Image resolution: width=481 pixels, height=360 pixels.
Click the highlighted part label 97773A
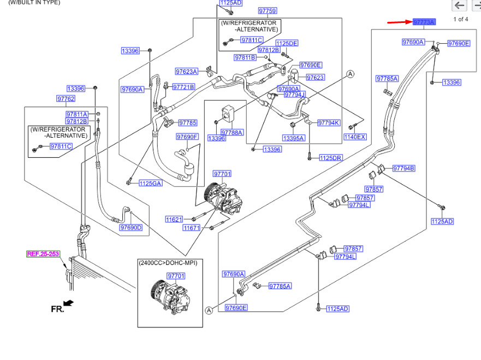[424, 22]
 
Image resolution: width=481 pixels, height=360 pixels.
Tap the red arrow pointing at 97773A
[400, 22]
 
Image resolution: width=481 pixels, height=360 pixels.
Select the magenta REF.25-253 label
[43, 254]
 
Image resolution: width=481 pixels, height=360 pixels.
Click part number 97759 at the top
[268, 11]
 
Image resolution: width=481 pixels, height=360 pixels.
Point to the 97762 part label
[66, 98]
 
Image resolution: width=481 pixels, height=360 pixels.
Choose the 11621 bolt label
[174, 220]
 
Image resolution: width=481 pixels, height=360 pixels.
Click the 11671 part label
[192, 228]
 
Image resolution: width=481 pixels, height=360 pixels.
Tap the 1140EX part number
[355, 137]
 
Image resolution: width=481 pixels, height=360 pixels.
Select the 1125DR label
[331, 158]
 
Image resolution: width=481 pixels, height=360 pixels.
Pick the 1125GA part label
[150, 183]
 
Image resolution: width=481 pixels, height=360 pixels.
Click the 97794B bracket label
[403, 168]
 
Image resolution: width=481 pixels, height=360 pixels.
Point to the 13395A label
[294, 138]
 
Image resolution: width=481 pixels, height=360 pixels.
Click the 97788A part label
[232, 133]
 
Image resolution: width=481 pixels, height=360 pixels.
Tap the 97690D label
[131, 227]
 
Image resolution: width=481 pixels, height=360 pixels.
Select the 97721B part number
[183, 87]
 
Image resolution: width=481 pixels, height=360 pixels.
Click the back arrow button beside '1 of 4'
[459, 5]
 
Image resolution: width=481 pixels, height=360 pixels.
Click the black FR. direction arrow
[68, 303]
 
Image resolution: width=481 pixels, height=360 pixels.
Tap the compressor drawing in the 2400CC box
[170, 297]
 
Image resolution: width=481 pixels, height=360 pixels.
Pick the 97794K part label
[329, 123]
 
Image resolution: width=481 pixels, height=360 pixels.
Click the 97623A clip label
[187, 72]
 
